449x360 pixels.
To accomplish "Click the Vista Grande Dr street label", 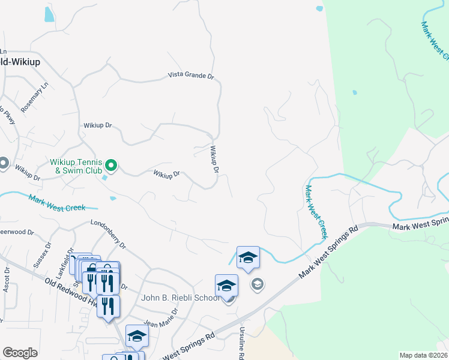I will coord(190,76).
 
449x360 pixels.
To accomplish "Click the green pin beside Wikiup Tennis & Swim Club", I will coord(111,164).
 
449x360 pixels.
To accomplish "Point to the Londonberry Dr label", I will coord(108,233).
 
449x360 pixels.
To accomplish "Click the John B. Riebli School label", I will coord(180,298).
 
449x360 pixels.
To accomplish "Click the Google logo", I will coord(20,353).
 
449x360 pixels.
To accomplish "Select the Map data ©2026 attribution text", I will coord(424,355).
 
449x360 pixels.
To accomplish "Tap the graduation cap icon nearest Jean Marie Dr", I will coord(137,336).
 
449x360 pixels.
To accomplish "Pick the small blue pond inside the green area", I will coord(354,92).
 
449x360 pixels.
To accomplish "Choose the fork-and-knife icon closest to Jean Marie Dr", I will coord(108,305).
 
